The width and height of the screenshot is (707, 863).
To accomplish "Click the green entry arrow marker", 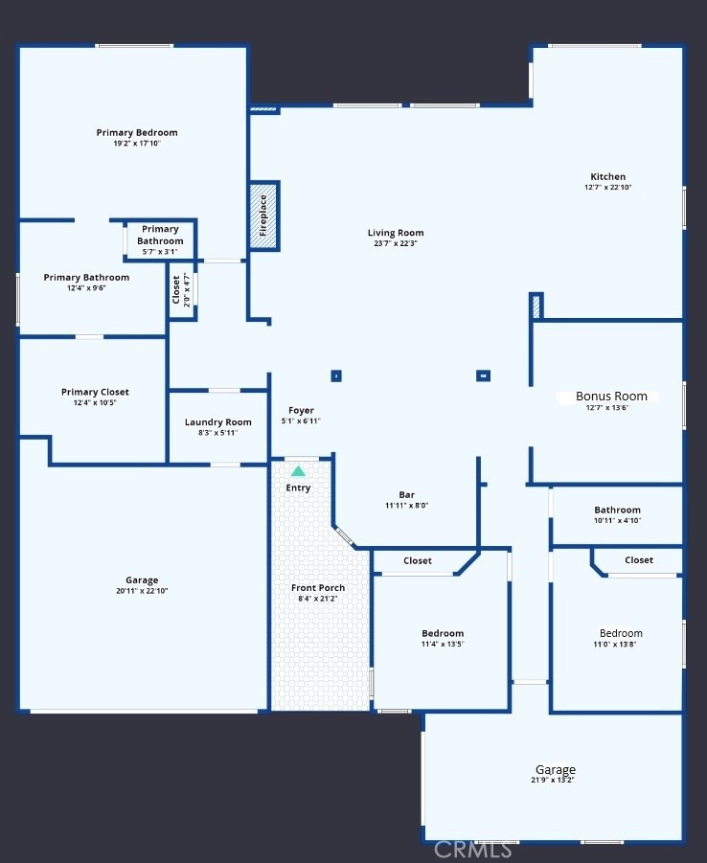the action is (298, 471).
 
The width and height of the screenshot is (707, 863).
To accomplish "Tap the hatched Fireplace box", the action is (263, 216).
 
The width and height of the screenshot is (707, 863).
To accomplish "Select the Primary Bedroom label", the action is (137, 132).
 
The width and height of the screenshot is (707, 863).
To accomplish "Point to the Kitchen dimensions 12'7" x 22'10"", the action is (608, 187).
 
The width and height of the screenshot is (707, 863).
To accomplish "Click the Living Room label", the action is (396, 233).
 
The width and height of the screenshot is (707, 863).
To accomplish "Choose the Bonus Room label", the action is (611, 397).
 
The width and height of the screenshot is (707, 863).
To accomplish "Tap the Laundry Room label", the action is (218, 422).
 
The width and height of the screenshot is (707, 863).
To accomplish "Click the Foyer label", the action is (301, 411).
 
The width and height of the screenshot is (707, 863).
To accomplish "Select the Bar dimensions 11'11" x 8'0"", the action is (407, 505).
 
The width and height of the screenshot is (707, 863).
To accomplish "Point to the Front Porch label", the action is (318, 588).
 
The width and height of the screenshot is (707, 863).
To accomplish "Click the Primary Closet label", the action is (95, 392).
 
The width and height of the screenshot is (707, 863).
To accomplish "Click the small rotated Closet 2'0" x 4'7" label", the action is (181, 290).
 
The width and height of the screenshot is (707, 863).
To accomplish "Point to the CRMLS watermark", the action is (473, 850).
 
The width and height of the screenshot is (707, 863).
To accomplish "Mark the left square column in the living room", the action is (336, 375).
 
